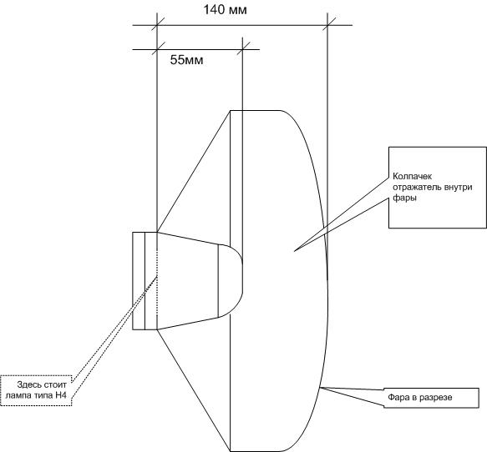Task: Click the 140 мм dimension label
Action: coord(226,10)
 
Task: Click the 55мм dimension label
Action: coord(186,60)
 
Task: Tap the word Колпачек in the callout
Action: coord(412,177)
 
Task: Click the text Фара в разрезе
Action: coord(419,397)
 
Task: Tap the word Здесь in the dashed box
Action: coord(28,385)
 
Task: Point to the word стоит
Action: coord(55,385)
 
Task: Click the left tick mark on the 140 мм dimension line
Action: coord(157,25)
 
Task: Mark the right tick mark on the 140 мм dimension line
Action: coord(327,25)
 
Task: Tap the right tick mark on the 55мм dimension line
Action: coord(242,49)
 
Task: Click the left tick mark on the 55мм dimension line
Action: coord(157,49)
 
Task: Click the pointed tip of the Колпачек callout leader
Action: coord(294,250)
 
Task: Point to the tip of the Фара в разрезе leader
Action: coord(320,387)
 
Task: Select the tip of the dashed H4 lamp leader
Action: coord(158,275)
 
